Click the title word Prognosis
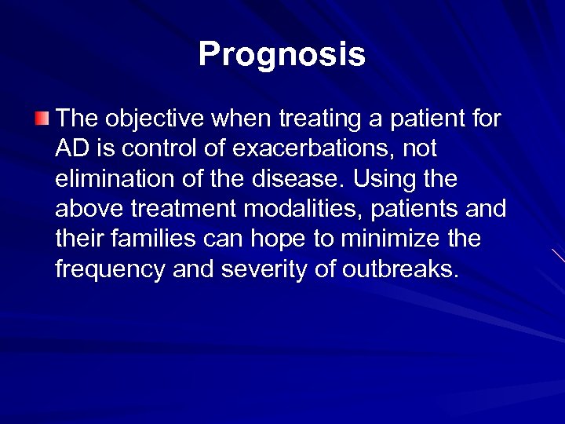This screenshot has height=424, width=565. (282, 54)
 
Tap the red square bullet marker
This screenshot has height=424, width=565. (41, 119)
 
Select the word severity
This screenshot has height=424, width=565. (265, 269)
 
